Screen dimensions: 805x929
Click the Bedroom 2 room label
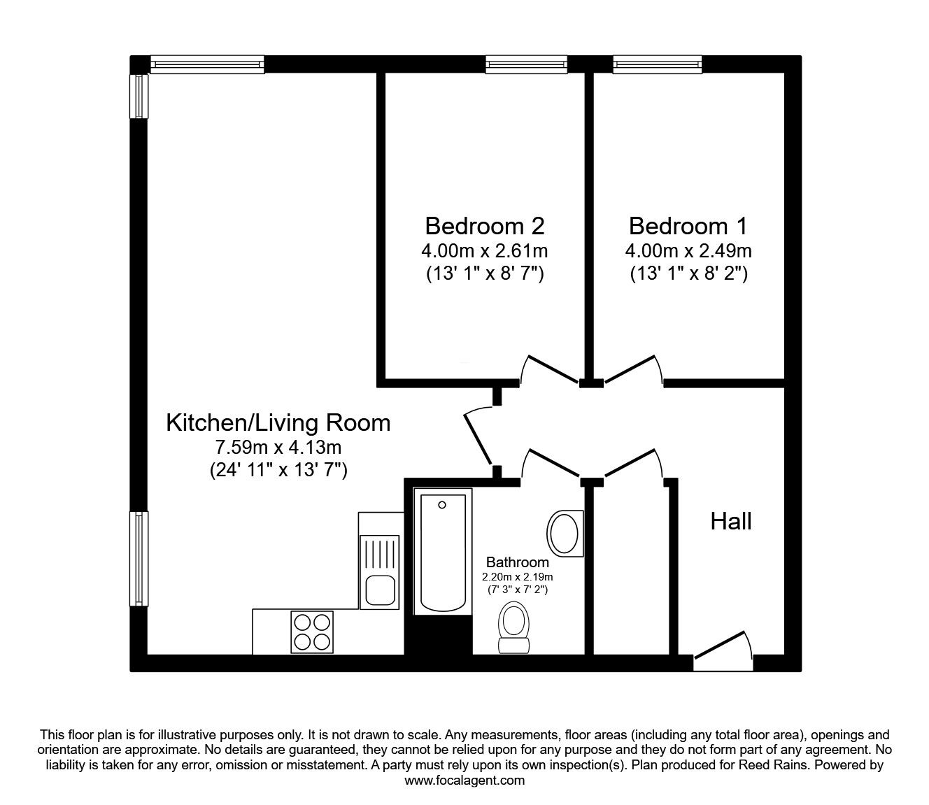tap(484, 226)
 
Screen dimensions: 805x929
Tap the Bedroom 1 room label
tap(688, 226)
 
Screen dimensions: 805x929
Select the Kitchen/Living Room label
tap(278, 422)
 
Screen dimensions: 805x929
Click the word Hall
tap(731, 521)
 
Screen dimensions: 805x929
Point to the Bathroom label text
tap(518, 562)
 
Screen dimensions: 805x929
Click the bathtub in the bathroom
tap(441, 553)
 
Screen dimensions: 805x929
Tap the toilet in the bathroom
tap(514, 626)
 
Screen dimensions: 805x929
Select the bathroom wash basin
tap(565, 533)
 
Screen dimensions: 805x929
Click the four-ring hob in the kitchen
tap(312, 632)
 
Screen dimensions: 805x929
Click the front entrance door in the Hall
tap(723, 650)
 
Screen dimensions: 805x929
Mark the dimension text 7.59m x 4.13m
tap(278, 447)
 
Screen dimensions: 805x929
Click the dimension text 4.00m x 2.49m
tap(688, 250)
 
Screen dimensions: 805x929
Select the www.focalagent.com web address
tap(464, 781)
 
